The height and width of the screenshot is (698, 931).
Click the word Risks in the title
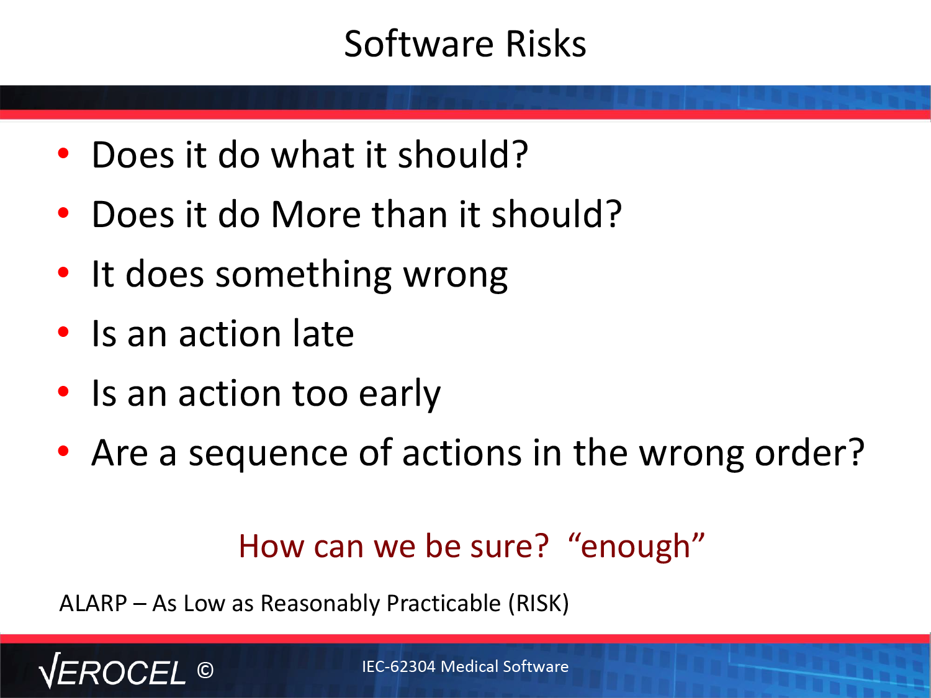pyautogui.click(x=546, y=43)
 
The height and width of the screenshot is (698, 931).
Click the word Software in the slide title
pyautogui.click(x=419, y=43)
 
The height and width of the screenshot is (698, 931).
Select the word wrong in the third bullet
pyautogui.click(x=455, y=276)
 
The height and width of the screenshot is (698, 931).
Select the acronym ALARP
pyautogui.click(x=93, y=604)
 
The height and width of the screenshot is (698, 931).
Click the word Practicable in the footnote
pyautogui.click(x=444, y=604)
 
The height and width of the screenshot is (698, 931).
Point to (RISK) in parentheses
pyautogui.click(x=539, y=604)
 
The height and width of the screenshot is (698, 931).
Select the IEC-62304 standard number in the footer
pyautogui.click(x=398, y=666)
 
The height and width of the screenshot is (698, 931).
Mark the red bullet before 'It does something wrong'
pyautogui.click(x=63, y=272)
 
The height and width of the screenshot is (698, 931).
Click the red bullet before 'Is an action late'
pyautogui.click(x=63, y=332)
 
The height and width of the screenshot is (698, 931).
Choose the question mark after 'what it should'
pyautogui.click(x=519, y=154)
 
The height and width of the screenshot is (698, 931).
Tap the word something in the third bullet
pyautogui.click(x=304, y=276)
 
